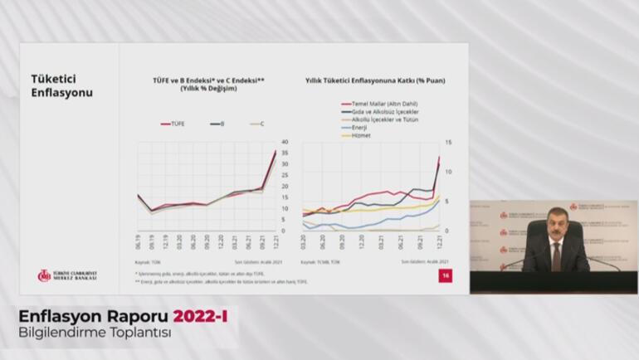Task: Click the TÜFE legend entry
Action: pyautogui.click(x=173, y=123)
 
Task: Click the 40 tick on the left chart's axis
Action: pyautogui.click(x=284, y=142)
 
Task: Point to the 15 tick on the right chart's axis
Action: pyautogui.click(x=447, y=142)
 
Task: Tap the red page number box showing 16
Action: pyautogui.click(x=445, y=276)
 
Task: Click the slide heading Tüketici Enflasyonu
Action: pyautogui.click(x=62, y=85)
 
